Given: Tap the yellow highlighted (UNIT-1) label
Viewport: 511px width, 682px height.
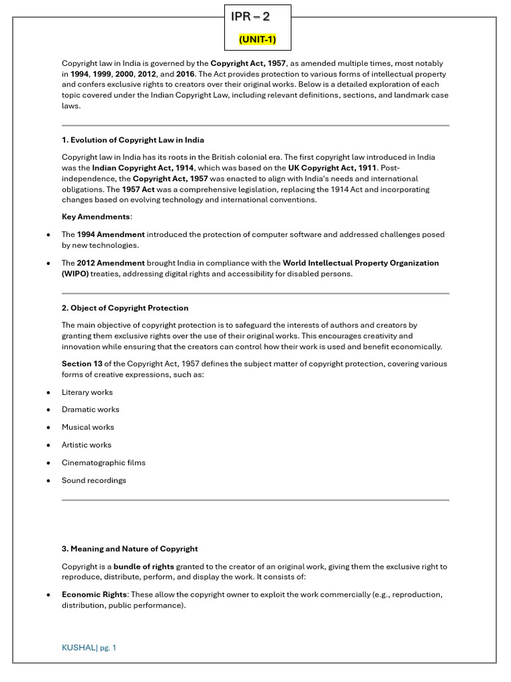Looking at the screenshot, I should [257, 40].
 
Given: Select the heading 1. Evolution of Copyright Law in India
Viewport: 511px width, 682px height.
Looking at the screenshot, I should [132, 140].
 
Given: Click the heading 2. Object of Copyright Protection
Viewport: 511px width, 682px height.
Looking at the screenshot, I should [125, 308].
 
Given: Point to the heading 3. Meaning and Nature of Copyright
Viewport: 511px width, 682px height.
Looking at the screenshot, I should [130, 549].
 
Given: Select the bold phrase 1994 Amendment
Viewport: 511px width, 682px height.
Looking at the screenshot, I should [110, 234].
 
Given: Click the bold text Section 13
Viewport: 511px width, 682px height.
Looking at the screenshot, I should [82, 364].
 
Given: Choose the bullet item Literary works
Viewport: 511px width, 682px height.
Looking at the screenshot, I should [87, 392].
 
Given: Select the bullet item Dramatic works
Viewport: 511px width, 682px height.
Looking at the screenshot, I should [90, 410].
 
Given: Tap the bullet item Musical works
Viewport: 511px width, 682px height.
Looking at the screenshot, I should [88, 427].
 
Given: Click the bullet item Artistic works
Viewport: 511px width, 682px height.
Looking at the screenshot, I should [86, 445].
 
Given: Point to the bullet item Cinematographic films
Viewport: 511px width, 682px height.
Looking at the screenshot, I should [103, 462].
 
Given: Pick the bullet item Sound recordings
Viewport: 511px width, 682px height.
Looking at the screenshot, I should [94, 480].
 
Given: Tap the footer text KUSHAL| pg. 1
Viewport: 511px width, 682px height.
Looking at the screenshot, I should [89, 647].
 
